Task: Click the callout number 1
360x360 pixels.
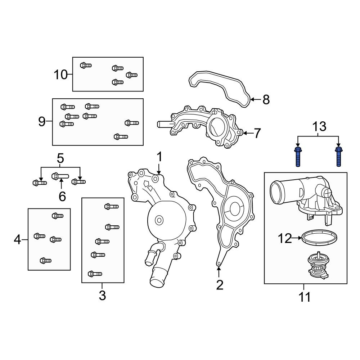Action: (x=159, y=157)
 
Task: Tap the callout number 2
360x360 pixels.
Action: (x=220, y=285)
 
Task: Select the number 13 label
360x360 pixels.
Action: (x=319, y=126)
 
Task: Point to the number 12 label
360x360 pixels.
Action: (x=284, y=238)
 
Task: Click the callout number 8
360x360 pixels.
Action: (x=266, y=100)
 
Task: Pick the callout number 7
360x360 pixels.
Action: (x=257, y=134)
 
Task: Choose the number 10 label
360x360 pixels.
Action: (x=61, y=75)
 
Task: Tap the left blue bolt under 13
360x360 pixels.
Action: (x=298, y=157)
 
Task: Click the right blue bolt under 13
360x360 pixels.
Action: (x=338, y=157)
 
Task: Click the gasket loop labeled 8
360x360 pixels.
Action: (x=220, y=86)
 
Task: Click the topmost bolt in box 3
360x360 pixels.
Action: (x=111, y=206)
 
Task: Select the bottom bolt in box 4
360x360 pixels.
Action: (x=45, y=260)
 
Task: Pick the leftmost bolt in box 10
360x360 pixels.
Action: (x=86, y=65)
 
